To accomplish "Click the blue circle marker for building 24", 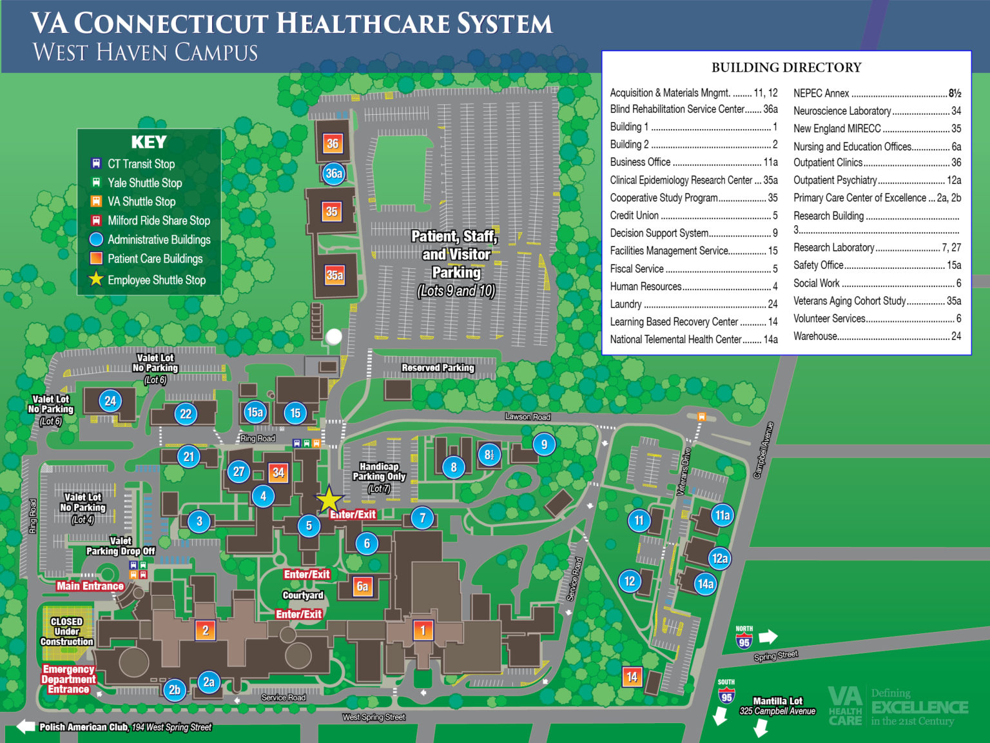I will [110, 401].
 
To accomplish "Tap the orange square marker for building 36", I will [333, 143].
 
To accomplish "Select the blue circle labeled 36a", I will [334, 173].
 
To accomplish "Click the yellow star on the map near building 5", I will [329, 500].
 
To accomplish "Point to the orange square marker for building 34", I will [278, 472].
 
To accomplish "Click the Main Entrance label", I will [90, 586].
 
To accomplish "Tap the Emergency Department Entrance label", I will [68, 679].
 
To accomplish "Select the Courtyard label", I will [303, 595].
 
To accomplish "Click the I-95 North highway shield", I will [744, 639].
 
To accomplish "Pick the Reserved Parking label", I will [438, 368].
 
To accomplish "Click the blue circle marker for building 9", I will [544, 444].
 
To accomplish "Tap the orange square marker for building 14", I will [632, 677].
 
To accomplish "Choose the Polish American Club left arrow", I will [26, 727].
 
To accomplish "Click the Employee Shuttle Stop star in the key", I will [96, 279].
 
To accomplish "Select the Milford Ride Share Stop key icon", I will [96, 221].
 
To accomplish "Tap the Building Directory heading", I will [786, 67].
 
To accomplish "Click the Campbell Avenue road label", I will [763, 450].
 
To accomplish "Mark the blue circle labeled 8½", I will [489, 454].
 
